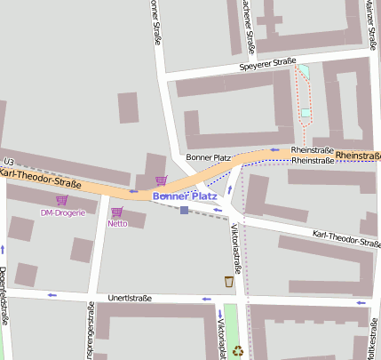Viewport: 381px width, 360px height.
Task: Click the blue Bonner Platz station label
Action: pyautogui.click(x=185, y=196)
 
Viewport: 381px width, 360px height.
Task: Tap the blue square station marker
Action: pyautogui.click(x=184, y=210)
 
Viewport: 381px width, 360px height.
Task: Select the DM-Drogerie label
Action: pyautogui.click(x=63, y=212)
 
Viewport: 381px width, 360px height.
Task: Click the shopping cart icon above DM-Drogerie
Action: pyautogui.click(x=61, y=200)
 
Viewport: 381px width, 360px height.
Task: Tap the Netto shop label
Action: pyautogui.click(x=117, y=223)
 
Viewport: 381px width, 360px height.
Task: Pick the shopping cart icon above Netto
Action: pyautogui.click(x=116, y=212)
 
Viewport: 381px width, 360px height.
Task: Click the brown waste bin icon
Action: pyautogui.click(x=229, y=282)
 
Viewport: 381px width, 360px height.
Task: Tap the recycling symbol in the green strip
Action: pyautogui.click(x=237, y=351)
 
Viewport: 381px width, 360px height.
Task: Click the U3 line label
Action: pyautogui.click(x=8, y=160)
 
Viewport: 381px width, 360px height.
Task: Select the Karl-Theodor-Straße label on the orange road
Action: pyautogui.click(x=41, y=179)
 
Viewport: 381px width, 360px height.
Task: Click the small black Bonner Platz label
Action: pyautogui.click(x=209, y=157)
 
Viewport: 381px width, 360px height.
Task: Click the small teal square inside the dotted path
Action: pyautogui.click(x=306, y=113)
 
